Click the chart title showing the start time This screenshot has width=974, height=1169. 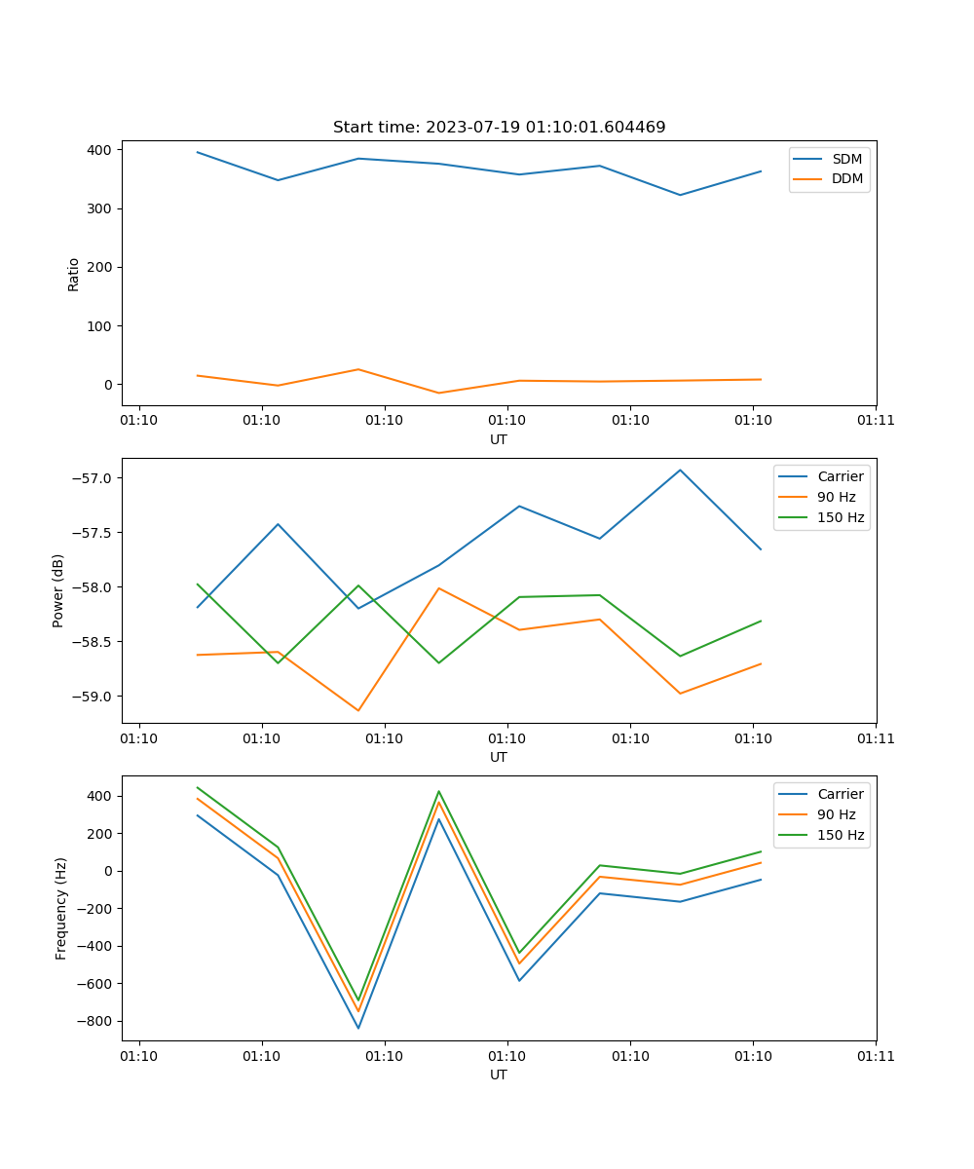point(499,128)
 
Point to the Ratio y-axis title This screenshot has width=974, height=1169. point(74,274)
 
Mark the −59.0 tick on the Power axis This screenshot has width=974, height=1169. point(94,697)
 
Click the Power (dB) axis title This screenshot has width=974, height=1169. point(58,590)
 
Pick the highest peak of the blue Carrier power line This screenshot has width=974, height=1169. point(680,471)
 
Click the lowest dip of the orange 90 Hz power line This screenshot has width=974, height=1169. point(358,710)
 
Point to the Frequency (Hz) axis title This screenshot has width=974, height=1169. point(61,909)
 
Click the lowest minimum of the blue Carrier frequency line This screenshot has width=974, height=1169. point(358,1028)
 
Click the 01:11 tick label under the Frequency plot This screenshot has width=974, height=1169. point(876,1055)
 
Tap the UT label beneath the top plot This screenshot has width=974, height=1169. point(499,439)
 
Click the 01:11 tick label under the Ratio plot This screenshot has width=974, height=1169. point(876,420)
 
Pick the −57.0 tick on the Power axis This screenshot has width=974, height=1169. point(94,478)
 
